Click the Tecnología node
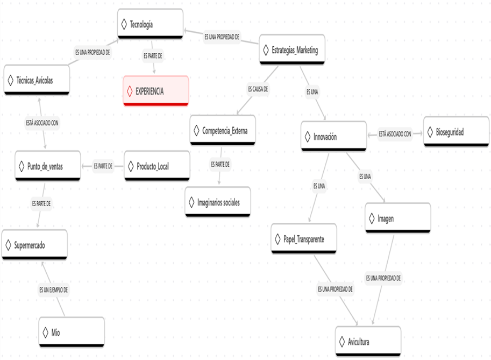(150, 24)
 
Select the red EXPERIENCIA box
(156, 91)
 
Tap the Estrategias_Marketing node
(292, 50)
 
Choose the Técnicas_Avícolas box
(37, 80)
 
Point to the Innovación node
(333, 137)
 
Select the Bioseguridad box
(457, 131)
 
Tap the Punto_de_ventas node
(48, 166)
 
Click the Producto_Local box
(157, 166)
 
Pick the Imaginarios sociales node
(217, 203)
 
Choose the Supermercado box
(34, 245)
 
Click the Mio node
(72, 333)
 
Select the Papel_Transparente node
(304, 238)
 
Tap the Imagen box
(397, 218)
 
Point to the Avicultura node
(368, 342)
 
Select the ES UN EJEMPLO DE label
(53, 290)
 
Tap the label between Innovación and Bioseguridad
(395, 133)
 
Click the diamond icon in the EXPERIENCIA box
(129, 91)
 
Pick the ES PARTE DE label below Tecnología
(153, 55)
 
